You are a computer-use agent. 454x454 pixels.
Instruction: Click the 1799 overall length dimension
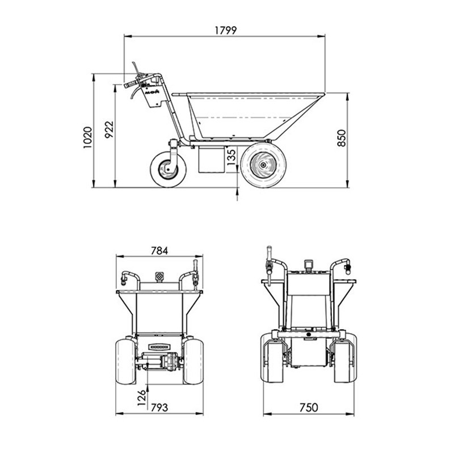pyautogui.click(x=225, y=30)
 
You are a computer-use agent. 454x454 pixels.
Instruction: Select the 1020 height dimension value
pyautogui.click(x=88, y=137)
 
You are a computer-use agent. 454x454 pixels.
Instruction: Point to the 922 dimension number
pyautogui.click(x=109, y=129)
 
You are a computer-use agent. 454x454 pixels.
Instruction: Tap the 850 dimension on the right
pyautogui.click(x=342, y=138)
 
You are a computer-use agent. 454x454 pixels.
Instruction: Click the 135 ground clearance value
pyautogui.click(x=232, y=157)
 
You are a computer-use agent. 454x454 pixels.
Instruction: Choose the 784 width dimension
pyautogui.click(x=159, y=251)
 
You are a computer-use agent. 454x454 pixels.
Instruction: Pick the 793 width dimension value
pyautogui.click(x=159, y=407)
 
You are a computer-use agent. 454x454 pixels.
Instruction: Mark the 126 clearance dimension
pyautogui.click(x=141, y=398)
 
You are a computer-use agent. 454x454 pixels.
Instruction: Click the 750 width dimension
pyautogui.click(x=309, y=407)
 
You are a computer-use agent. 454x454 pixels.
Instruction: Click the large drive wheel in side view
pyautogui.click(x=263, y=165)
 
